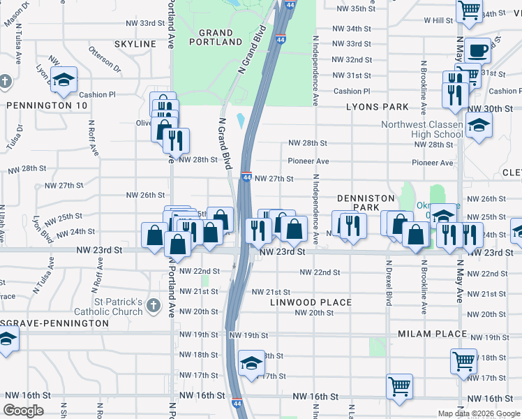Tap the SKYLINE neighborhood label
pos(135,44)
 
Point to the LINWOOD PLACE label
pos(310,302)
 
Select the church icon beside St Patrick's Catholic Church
pos(154,305)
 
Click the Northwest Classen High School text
pos(422,129)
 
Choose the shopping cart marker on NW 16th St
pos(399,386)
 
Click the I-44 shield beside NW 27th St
pos(246,178)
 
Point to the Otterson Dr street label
pos(105,58)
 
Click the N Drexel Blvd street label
pos(389,284)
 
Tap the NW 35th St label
pos(355,9)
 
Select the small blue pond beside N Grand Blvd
pos(241,122)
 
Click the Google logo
pos(24,411)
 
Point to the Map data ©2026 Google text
pos(479,413)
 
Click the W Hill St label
pos(442,20)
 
